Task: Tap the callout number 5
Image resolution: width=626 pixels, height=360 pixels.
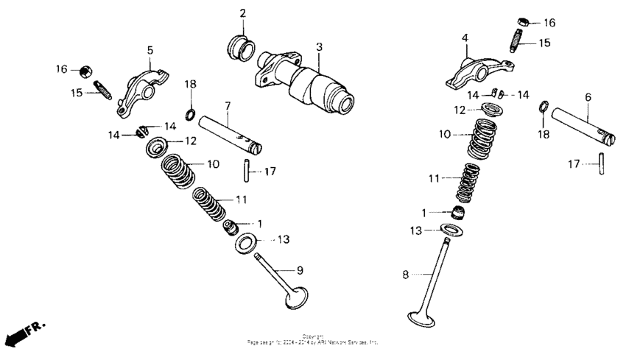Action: (150, 50)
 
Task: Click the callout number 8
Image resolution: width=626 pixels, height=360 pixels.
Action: (404, 275)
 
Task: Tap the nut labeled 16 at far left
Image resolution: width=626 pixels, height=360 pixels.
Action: (85, 70)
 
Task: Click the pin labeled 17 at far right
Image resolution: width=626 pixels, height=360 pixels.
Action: (602, 163)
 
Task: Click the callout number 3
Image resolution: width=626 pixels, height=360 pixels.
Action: (319, 47)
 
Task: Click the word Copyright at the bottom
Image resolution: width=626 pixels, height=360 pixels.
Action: (313, 336)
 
